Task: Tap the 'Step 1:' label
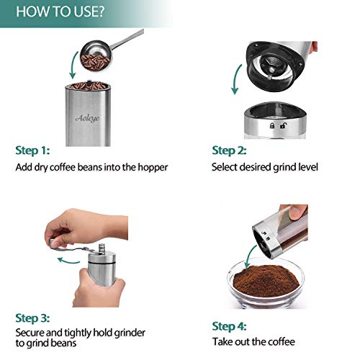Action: [33, 151]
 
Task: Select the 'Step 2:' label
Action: [229, 151]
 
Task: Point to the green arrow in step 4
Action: [251, 254]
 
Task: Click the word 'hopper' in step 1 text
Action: [152, 168]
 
